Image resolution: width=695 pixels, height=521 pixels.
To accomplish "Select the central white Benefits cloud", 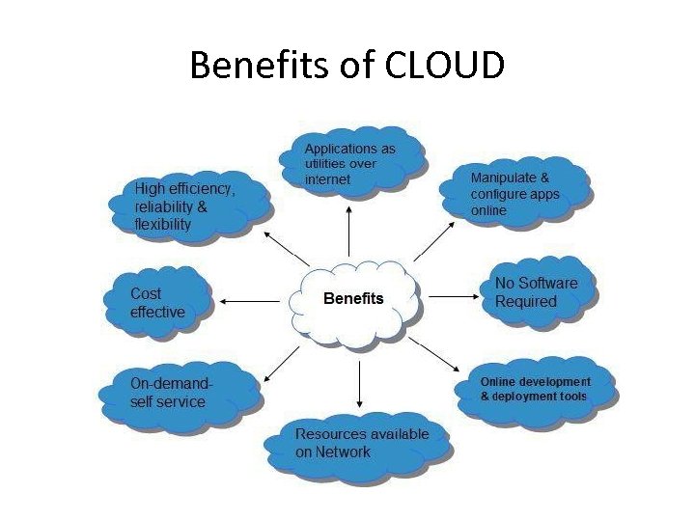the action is pyautogui.click(x=354, y=299).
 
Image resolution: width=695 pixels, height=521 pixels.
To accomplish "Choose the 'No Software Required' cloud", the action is pyautogui.click(x=537, y=292).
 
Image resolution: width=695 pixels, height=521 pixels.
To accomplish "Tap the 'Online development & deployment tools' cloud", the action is pyautogui.click(x=535, y=389).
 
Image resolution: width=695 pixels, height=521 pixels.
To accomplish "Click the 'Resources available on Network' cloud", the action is pyautogui.click(x=361, y=442).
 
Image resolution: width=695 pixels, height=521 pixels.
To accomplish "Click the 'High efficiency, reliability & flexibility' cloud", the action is pyautogui.click(x=189, y=206).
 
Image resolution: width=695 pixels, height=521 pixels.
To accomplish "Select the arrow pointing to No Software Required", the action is pyautogui.click(x=454, y=296).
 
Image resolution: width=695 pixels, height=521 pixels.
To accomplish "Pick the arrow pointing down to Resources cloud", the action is pyautogui.click(x=359, y=376).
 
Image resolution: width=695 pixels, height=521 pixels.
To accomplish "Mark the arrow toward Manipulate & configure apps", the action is pyautogui.click(x=433, y=241).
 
